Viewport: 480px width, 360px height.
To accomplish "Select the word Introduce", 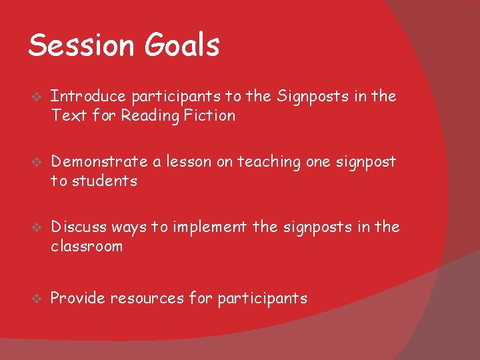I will tap(88, 97).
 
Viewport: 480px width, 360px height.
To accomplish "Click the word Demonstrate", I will tap(98, 162).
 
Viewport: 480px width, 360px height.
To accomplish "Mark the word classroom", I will tap(87, 247).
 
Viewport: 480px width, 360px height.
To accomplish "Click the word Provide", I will tap(77, 298).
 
